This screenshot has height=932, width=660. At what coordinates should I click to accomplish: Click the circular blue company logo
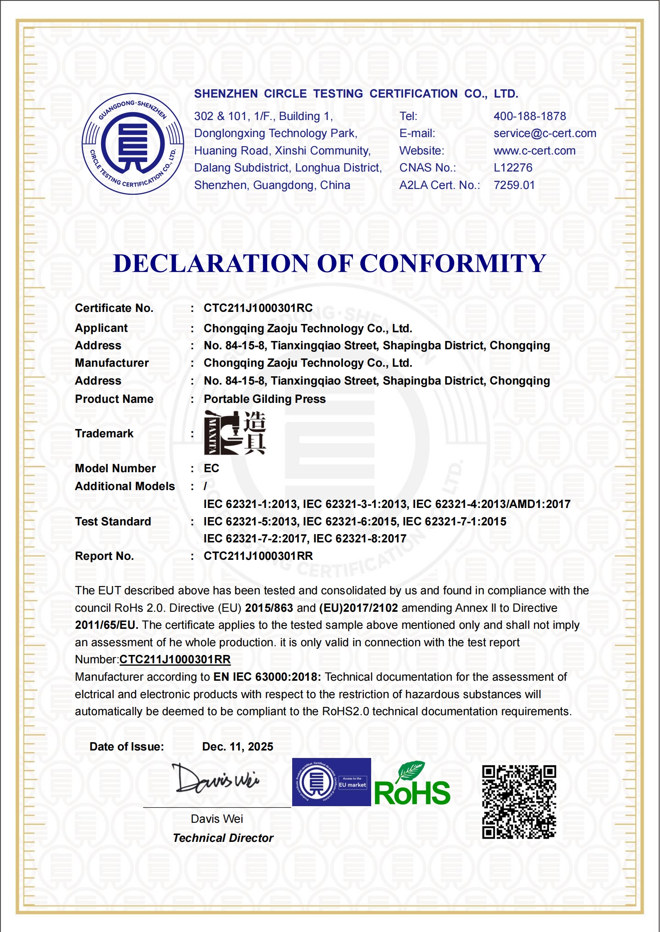[x=133, y=144]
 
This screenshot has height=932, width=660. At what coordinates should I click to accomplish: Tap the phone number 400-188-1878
[x=529, y=116]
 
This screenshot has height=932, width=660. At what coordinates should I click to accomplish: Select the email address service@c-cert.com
[x=544, y=133]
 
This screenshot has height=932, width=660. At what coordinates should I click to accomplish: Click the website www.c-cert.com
[x=534, y=151]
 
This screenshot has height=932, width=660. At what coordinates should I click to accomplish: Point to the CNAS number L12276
[x=512, y=168]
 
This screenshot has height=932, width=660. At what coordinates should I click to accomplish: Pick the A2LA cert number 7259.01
[x=514, y=185]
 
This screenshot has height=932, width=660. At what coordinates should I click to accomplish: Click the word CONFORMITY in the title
[x=453, y=263]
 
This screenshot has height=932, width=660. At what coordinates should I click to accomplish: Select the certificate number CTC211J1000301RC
[x=258, y=308]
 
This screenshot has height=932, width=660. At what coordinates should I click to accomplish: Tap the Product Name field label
[x=114, y=399]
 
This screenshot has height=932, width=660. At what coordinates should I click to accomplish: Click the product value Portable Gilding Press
[x=264, y=399]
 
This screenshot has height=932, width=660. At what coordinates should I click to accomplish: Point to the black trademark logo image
[x=235, y=433]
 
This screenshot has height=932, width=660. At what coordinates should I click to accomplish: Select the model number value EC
[x=211, y=468]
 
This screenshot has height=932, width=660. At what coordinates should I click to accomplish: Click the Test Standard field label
[x=113, y=522]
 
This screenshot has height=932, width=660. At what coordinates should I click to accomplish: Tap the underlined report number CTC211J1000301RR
[x=175, y=660]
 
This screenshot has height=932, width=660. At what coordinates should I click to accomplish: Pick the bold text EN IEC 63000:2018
[x=267, y=677]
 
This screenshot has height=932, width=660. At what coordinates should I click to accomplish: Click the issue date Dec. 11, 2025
[x=237, y=747]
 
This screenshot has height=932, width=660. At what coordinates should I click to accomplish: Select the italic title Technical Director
[x=223, y=838]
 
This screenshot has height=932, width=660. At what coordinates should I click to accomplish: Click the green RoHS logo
[x=412, y=785]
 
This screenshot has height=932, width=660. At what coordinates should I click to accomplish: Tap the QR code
[x=519, y=802]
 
